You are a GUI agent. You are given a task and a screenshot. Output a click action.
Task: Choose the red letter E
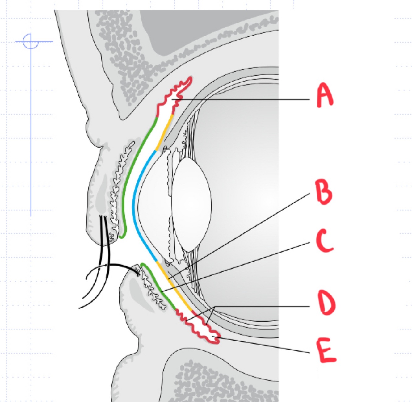pyautogui.click(x=327, y=350)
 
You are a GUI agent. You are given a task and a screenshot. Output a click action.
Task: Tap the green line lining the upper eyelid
pyautogui.click(x=130, y=173)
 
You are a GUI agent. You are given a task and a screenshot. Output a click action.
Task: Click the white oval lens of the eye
pyautogui.click(x=191, y=204)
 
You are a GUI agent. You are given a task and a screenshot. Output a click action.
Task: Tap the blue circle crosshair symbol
pyautogui.click(x=31, y=41)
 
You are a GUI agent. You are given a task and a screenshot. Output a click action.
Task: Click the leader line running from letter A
pyautogui.click(x=247, y=99)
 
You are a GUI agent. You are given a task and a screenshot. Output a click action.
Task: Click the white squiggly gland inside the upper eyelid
pyautogui.click(x=119, y=185)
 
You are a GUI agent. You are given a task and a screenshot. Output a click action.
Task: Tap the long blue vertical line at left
pyautogui.click(x=31, y=139)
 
